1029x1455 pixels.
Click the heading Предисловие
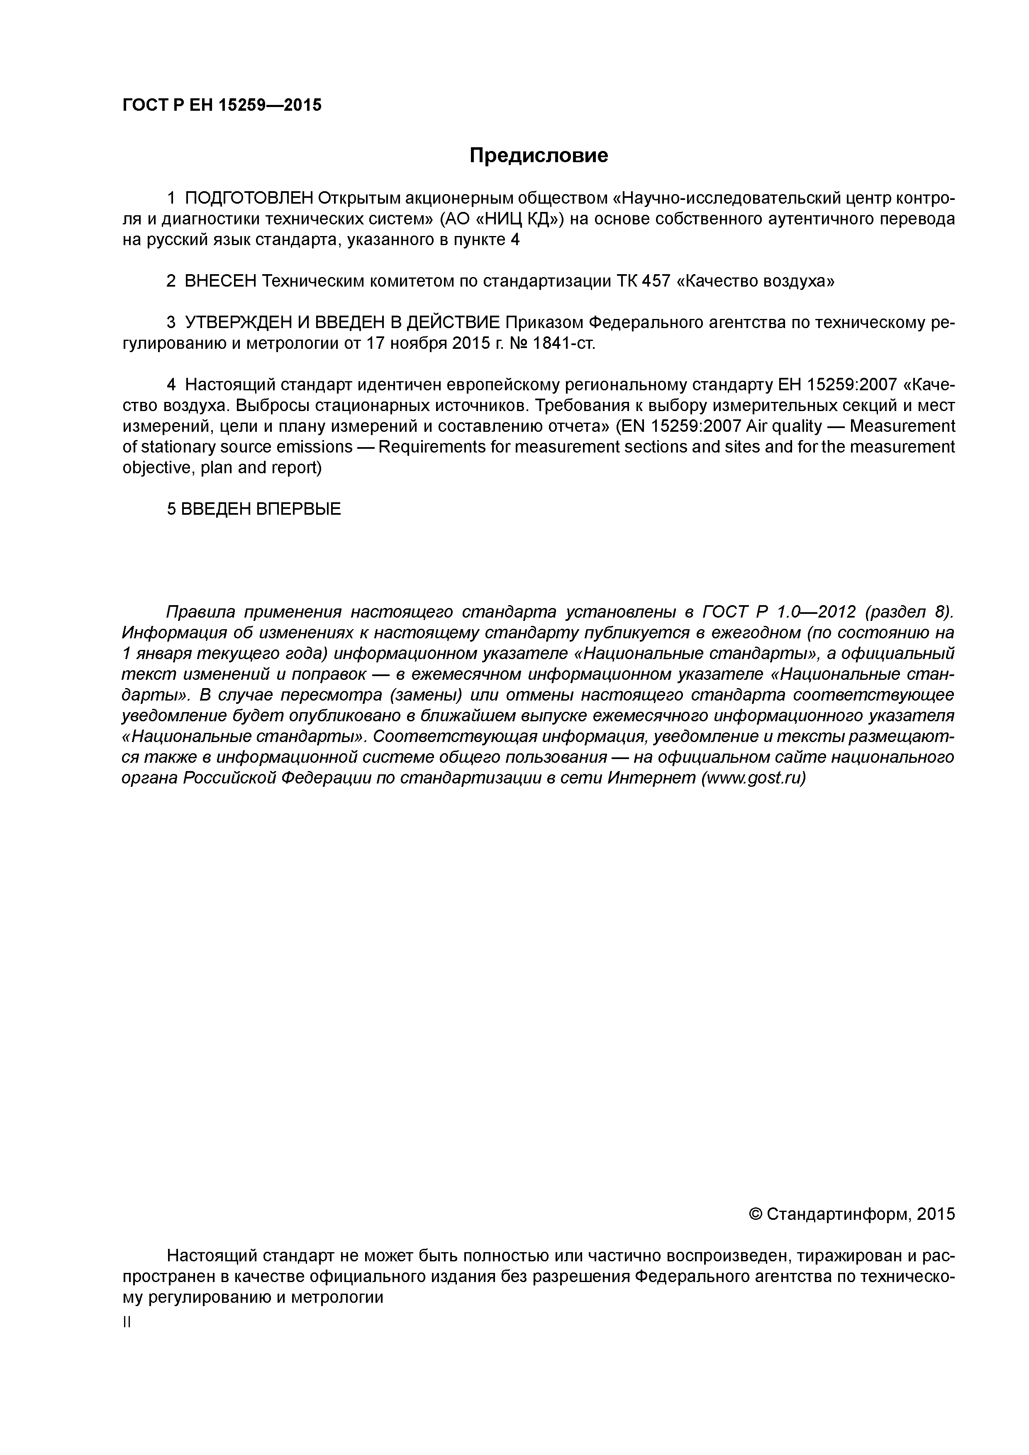[538, 155]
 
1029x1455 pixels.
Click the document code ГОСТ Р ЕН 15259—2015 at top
[222, 105]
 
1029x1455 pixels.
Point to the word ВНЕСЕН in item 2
[220, 281]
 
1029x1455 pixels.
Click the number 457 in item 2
[656, 281]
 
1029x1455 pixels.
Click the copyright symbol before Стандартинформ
[756, 1214]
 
